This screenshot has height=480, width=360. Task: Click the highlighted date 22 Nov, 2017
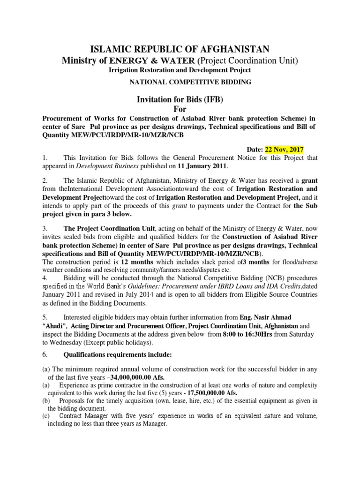point(285,150)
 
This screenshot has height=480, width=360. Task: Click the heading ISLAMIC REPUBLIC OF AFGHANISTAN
point(180,49)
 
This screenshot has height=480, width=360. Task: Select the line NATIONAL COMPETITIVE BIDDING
point(180,82)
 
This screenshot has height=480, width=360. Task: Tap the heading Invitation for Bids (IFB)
point(180,99)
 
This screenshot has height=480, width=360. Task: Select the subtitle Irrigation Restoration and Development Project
point(180,70)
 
